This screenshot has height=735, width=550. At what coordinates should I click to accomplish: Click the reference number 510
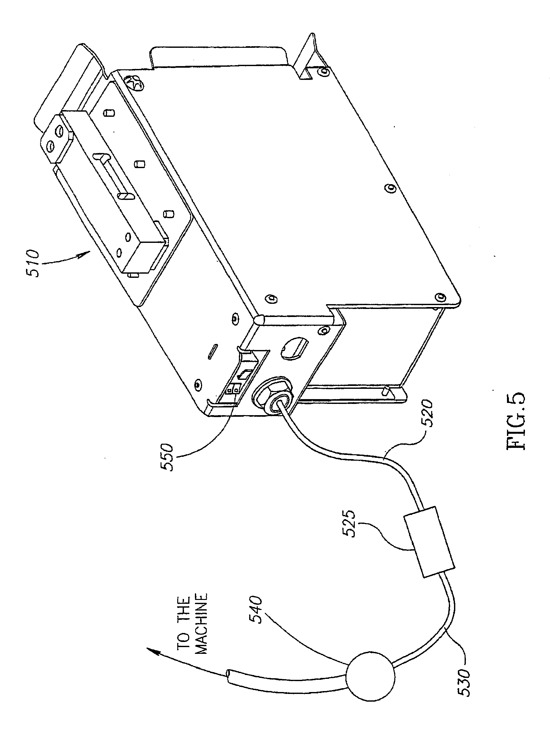click(x=34, y=264)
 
